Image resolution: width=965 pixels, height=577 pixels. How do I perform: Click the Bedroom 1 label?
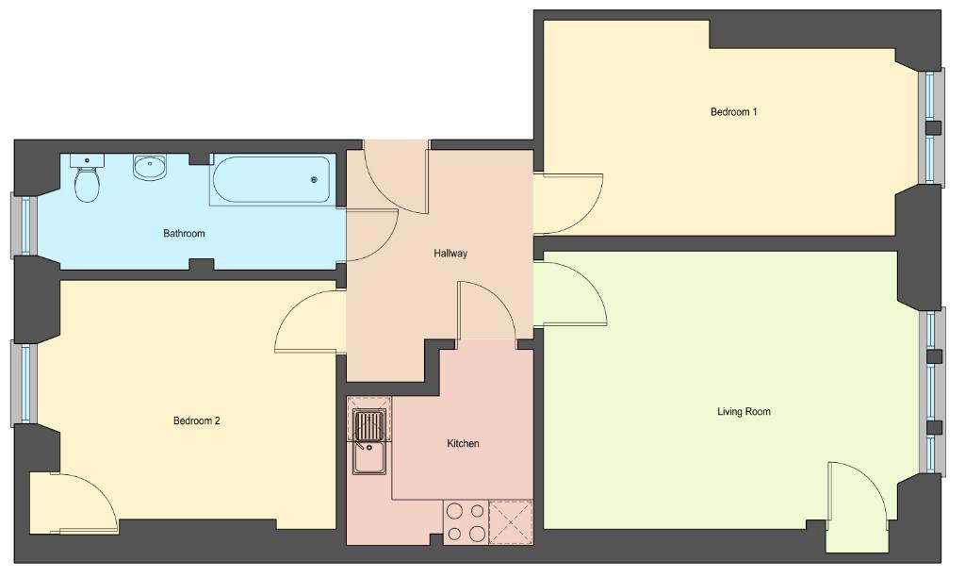(733, 112)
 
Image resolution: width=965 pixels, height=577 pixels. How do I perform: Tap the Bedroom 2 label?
(196, 421)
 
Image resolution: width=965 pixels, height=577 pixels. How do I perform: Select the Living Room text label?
(744, 411)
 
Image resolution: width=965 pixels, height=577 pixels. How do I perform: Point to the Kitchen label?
(463, 443)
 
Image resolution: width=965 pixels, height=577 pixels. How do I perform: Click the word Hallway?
(450, 253)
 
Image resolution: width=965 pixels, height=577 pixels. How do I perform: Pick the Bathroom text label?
(184, 234)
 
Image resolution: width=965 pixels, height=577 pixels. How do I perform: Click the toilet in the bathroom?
(87, 178)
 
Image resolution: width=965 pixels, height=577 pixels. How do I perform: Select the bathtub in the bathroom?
(271, 180)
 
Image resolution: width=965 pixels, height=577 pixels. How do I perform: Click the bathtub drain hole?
(315, 180)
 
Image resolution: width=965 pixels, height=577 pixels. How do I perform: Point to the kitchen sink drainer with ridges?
(369, 425)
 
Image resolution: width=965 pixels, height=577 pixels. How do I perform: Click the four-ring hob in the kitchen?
(466, 522)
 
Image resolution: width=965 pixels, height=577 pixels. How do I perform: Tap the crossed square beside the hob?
(511, 522)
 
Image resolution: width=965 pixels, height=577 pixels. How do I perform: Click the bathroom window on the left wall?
(24, 225)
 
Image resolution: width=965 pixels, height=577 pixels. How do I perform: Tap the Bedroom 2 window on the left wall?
(24, 384)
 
